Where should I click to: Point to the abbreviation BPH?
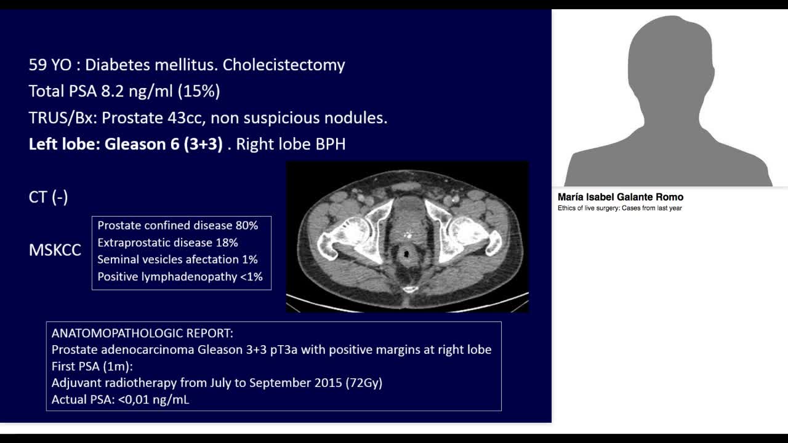331,144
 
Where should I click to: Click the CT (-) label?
48,197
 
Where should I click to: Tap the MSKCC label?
55,250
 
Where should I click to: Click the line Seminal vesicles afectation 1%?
177,260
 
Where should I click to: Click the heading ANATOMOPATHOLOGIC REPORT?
142,333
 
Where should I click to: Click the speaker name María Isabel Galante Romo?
620,198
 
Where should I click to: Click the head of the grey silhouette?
669,58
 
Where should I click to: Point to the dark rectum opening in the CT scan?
406,253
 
